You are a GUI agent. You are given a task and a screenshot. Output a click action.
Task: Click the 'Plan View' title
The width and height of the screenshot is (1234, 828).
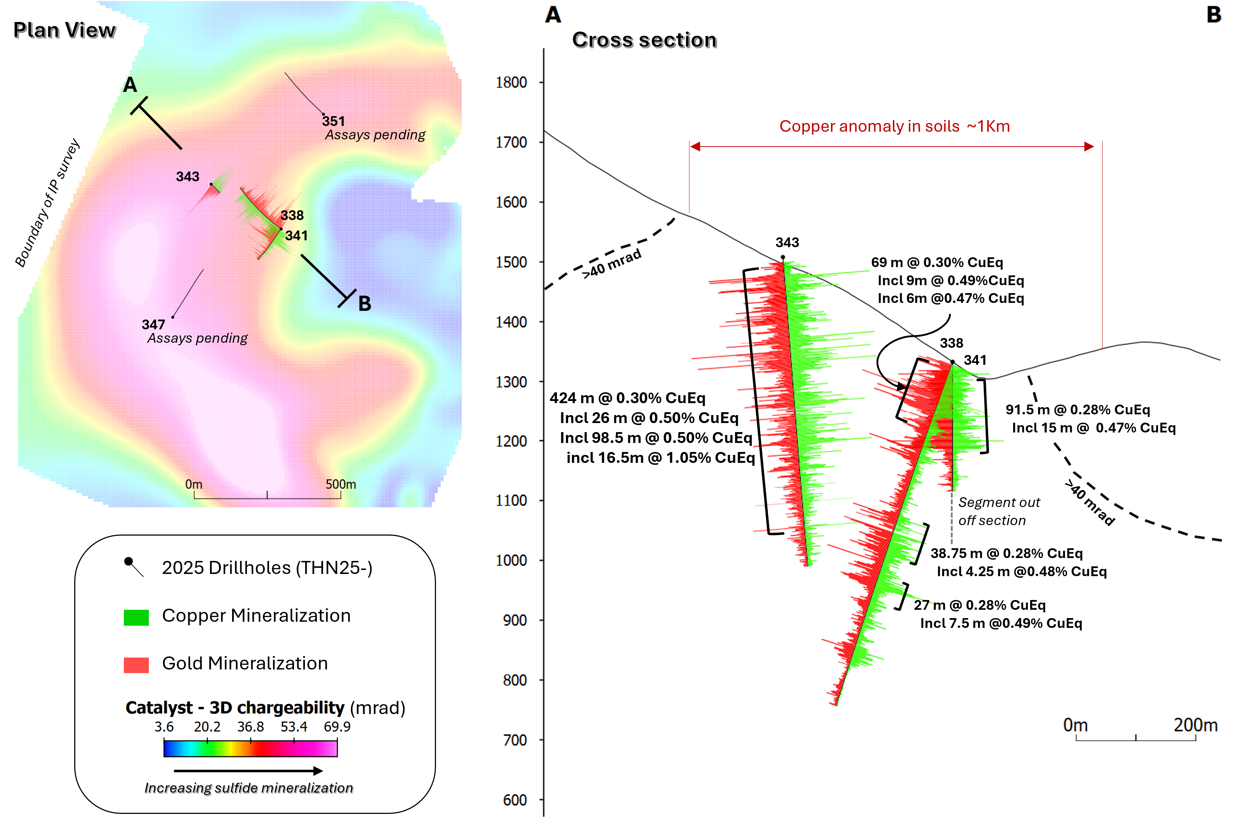[x=64, y=30]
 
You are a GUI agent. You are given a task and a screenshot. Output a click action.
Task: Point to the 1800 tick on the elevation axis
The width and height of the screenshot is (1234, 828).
[x=511, y=83]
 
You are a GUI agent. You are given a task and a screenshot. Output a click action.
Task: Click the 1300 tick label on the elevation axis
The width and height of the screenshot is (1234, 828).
[x=511, y=381]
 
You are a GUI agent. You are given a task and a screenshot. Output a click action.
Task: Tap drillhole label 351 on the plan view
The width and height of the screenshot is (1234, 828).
[x=333, y=121]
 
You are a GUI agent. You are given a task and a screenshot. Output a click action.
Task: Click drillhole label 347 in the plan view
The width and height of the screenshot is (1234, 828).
[x=153, y=324]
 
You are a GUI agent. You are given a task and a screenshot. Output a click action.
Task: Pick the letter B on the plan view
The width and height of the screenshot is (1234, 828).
[x=365, y=304]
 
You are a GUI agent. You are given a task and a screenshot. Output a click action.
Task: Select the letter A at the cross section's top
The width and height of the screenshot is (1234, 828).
[x=553, y=15]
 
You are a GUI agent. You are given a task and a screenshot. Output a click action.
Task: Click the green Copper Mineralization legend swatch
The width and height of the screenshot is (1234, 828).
[x=136, y=617]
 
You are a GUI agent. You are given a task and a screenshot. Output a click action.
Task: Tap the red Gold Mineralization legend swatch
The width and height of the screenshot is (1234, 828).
[x=136, y=664]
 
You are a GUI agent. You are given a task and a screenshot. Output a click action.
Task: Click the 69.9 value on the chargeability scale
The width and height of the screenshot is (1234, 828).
[x=337, y=727]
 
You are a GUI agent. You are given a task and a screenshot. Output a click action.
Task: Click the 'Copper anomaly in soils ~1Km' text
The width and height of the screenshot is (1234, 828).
[x=894, y=126]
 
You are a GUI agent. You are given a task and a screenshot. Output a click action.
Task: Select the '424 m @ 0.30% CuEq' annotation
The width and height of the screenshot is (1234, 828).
[x=627, y=398]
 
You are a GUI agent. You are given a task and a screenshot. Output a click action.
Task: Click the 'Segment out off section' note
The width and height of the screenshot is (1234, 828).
[x=998, y=511]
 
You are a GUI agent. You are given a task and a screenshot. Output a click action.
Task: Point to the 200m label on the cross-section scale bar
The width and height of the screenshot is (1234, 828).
[x=1196, y=725]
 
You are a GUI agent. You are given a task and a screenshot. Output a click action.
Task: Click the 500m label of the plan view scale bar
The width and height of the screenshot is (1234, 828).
[x=340, y=484]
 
